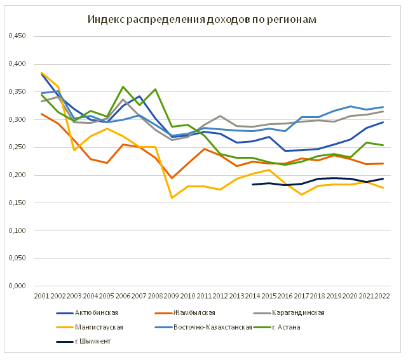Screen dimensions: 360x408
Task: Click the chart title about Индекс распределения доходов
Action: (x=202, y=20)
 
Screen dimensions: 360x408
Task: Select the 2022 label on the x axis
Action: (x=383, y=295)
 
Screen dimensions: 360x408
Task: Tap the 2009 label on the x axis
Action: (x=171, y=295)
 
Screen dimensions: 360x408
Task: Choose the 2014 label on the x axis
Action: (x=252, y=295)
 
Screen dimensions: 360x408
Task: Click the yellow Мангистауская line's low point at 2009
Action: (x=171, y=197)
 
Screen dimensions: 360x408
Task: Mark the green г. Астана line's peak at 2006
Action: (x=123, y=87)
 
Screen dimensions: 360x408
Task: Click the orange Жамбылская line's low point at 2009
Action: (x=171, y=178)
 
